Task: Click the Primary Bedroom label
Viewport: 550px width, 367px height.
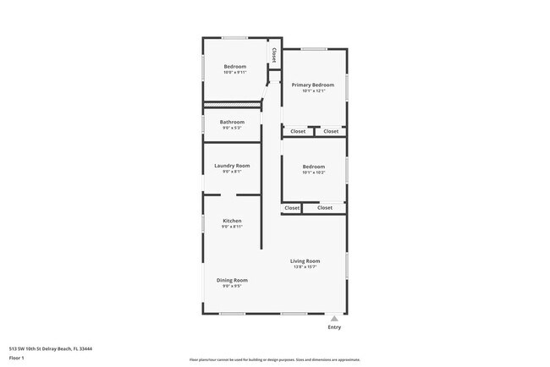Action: click(x=313, y=85)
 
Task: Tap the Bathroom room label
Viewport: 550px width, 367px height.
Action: click(x=232, y=122)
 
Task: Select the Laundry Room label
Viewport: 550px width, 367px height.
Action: click(x=232, y=166)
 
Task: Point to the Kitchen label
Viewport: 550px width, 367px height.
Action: click(x=232, y=221)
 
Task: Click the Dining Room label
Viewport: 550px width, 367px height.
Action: click(x=232, y=280)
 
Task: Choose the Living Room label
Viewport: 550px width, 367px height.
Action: click(x=305, y=261)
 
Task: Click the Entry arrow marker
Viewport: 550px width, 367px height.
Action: click(x=334, y=319)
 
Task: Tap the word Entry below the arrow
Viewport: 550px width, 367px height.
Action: click(x=334, y=327)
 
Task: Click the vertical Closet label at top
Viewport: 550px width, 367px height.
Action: click(x=273, y=54)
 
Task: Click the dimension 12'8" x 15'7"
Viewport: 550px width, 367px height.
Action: click(x=305, y=267)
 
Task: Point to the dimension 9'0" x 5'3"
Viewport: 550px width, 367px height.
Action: click(x=232, y=128)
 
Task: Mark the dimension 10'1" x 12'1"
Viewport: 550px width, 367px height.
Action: click(x=313, y=90)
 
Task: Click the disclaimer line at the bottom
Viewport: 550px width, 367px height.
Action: click(x=275, y=359)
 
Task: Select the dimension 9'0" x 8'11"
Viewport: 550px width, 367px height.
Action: click(x=232, y=227)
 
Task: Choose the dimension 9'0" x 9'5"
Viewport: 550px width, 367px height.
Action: click(x=232, y=286)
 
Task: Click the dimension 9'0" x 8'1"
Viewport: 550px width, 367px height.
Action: click(x=232, y=172)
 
